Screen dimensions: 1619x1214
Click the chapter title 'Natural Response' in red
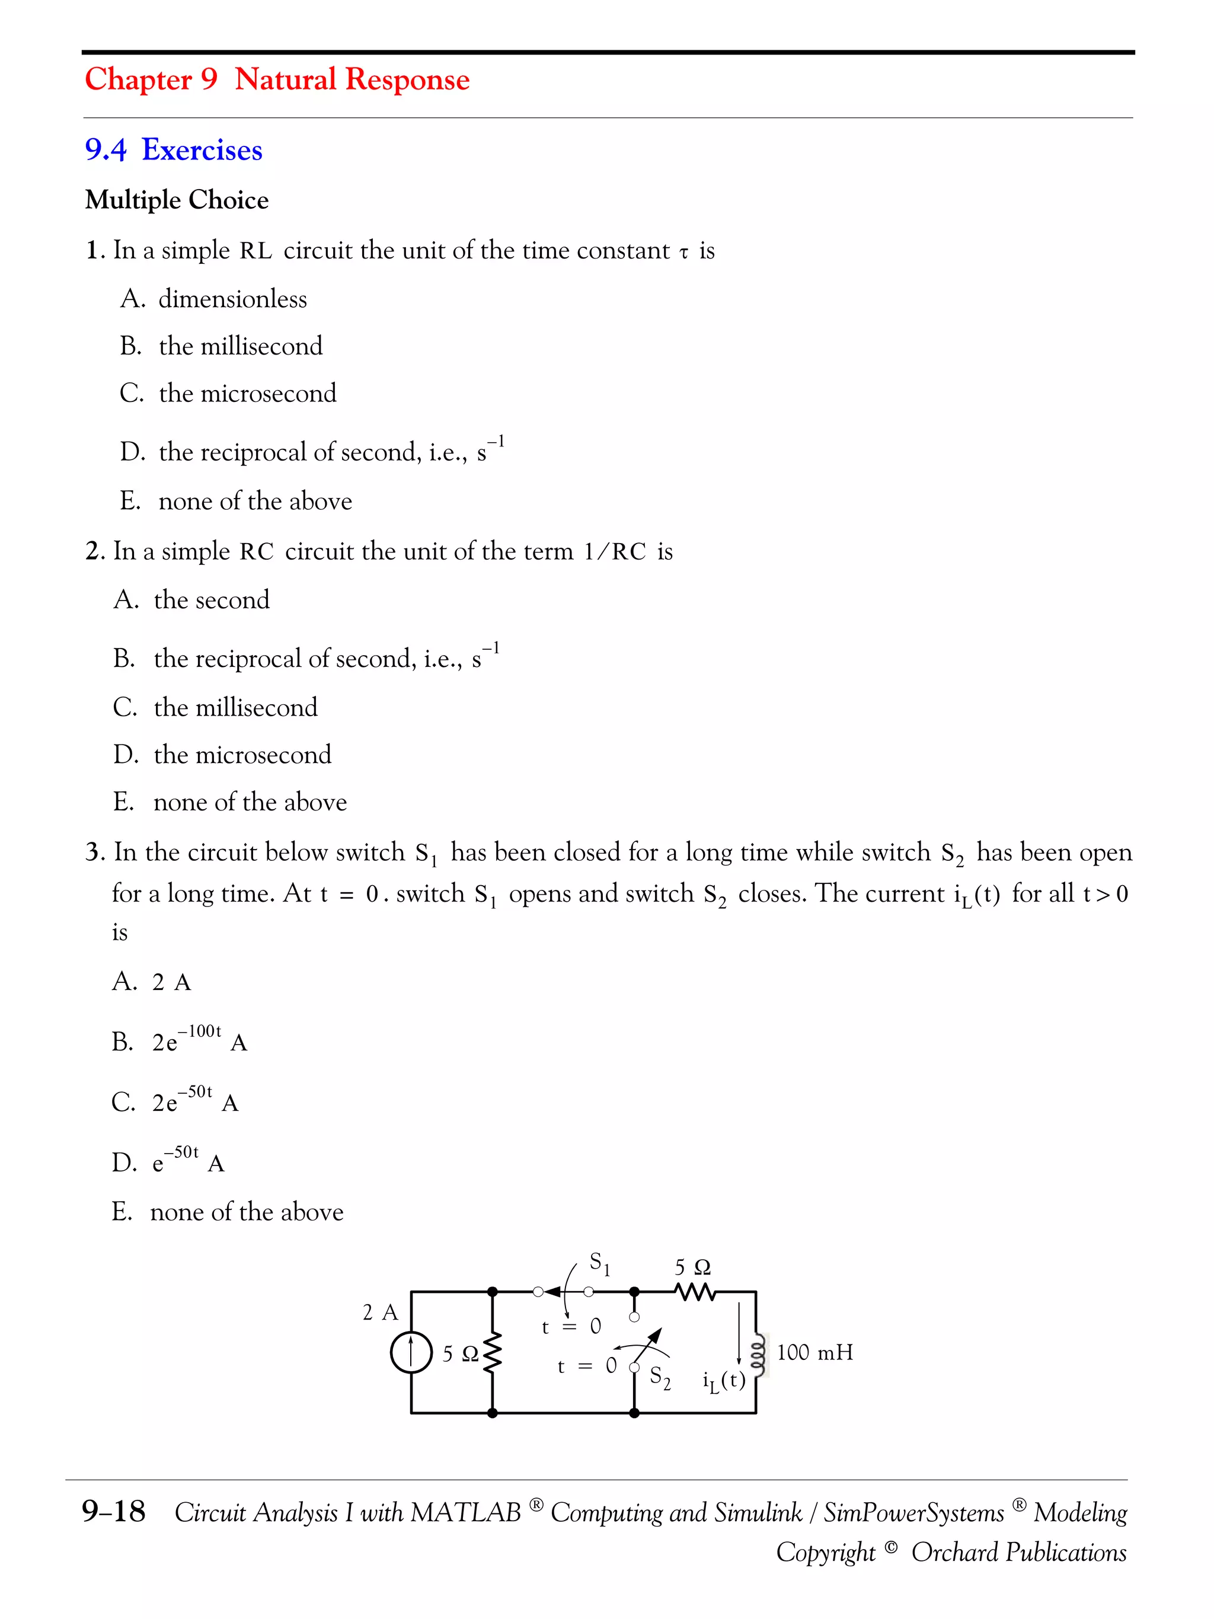352,79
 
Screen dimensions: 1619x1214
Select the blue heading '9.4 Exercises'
174,150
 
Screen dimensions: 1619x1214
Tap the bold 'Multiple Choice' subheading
177,200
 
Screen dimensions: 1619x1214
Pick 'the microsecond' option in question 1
247,394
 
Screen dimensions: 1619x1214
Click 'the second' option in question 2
211,600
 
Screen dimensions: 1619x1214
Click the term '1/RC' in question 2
615,552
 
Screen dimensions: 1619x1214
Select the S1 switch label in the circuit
599,1263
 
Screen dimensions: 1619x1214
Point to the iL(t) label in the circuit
723,1381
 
